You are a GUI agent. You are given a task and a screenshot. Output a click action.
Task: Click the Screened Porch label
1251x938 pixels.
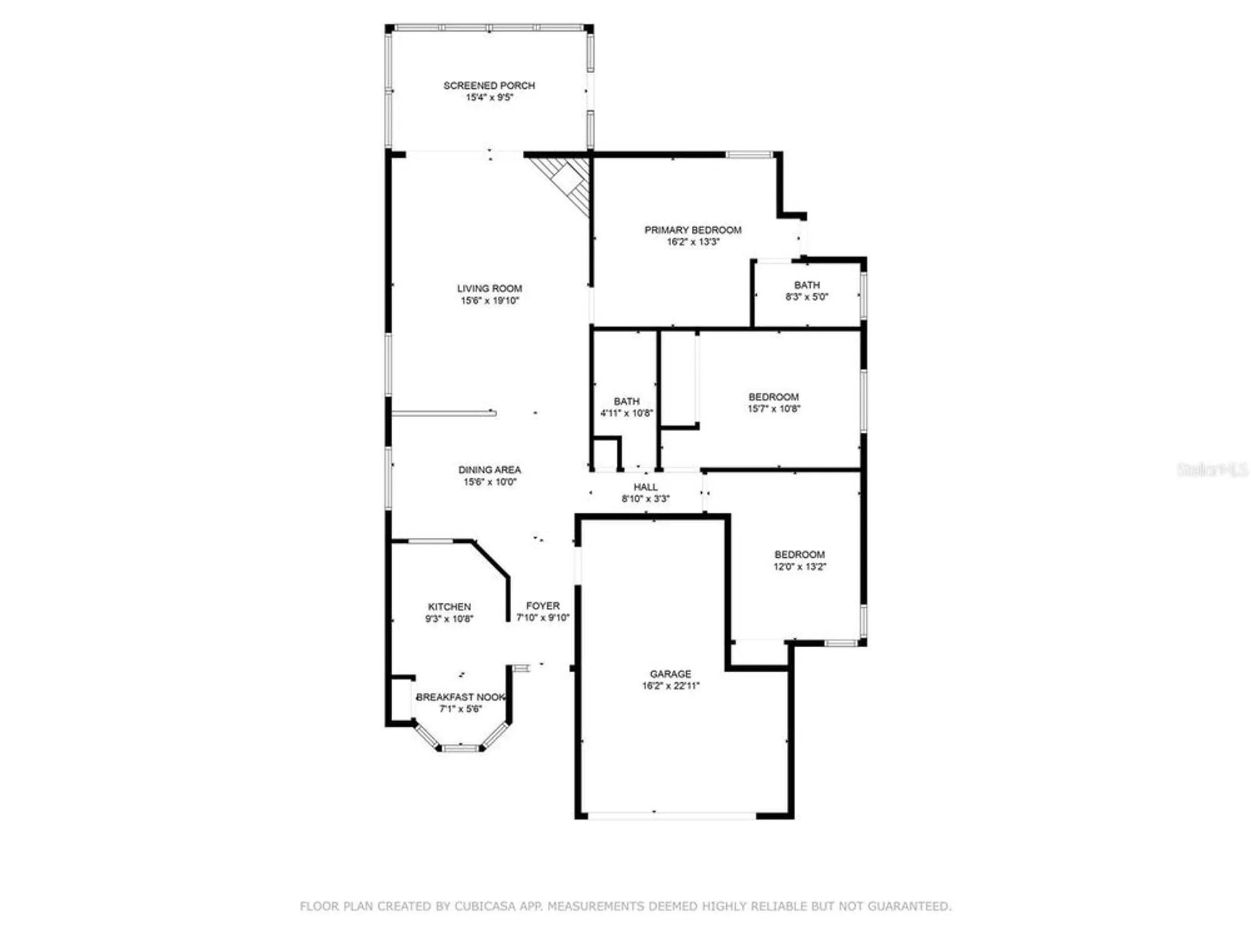(489, 85)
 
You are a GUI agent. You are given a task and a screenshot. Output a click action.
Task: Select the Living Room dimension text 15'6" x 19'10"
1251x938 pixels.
(489, 301)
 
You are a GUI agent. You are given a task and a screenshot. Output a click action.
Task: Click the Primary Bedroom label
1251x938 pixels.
(692, 230)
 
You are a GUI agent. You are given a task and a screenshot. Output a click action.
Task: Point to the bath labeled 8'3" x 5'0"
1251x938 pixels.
(806, 291)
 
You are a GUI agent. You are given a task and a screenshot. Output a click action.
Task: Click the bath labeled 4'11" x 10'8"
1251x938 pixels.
(626, 407)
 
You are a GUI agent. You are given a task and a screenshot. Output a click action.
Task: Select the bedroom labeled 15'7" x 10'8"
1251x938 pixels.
(773, 403)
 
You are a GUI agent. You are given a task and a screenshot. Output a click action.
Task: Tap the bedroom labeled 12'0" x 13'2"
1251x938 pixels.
(799, 560)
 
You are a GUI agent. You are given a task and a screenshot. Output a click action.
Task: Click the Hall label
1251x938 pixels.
(645, 487)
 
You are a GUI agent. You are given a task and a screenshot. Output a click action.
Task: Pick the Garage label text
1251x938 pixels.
(670, 674)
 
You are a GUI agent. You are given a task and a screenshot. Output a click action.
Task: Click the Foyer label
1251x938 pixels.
(542, 606)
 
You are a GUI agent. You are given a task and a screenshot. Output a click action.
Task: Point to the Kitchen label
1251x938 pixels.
(449, 607)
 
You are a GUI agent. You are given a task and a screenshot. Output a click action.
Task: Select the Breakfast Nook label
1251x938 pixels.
(460, 697)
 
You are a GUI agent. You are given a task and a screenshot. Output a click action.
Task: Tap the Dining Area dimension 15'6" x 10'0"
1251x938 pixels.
(489, 482)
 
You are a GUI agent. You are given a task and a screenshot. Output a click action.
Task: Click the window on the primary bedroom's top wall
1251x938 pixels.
(749, 154)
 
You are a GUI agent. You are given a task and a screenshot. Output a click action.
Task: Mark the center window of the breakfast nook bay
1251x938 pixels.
(460, 747)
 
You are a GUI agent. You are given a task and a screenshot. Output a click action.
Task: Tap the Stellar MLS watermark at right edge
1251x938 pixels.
(1212, 470)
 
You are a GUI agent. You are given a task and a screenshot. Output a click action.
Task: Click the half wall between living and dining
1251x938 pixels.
(443, 413)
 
